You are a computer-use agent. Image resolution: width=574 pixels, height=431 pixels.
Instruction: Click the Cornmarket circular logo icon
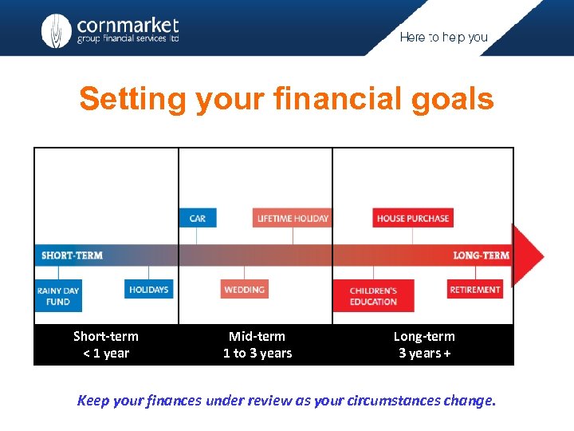point(56,31)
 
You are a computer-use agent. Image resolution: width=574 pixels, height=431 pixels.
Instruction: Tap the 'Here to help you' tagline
point(443,38)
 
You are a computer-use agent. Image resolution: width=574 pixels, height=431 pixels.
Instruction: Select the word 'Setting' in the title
point(132,100)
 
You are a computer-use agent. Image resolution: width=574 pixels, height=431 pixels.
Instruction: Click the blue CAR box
point(198,218)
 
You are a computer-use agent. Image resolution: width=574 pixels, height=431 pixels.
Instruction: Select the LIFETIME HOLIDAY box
point(293,218)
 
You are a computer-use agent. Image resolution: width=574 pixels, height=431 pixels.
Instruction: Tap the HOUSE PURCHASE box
point(413,218)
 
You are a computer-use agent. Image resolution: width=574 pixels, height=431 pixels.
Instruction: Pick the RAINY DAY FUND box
point(58,295)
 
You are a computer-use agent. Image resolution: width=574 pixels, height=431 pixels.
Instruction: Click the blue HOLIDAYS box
point(149,289)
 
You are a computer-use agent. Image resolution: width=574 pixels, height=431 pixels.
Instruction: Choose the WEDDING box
point(245,289)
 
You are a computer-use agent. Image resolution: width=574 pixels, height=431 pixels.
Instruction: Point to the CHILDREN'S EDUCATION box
point(373,295)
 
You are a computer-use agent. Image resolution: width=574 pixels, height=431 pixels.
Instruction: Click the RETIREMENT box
point(475,289)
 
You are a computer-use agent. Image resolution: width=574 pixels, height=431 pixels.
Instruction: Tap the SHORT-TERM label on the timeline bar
point(72,255)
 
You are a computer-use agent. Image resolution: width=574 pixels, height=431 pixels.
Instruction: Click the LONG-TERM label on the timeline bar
point(481,255)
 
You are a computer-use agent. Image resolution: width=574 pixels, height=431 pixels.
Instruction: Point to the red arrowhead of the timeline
point(527,255)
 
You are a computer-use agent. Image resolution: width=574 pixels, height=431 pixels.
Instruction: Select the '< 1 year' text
point(106,354)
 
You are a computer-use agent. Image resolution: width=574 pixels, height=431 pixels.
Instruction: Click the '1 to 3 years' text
point(258,354)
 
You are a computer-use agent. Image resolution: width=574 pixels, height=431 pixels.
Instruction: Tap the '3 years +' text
point(424,354)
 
